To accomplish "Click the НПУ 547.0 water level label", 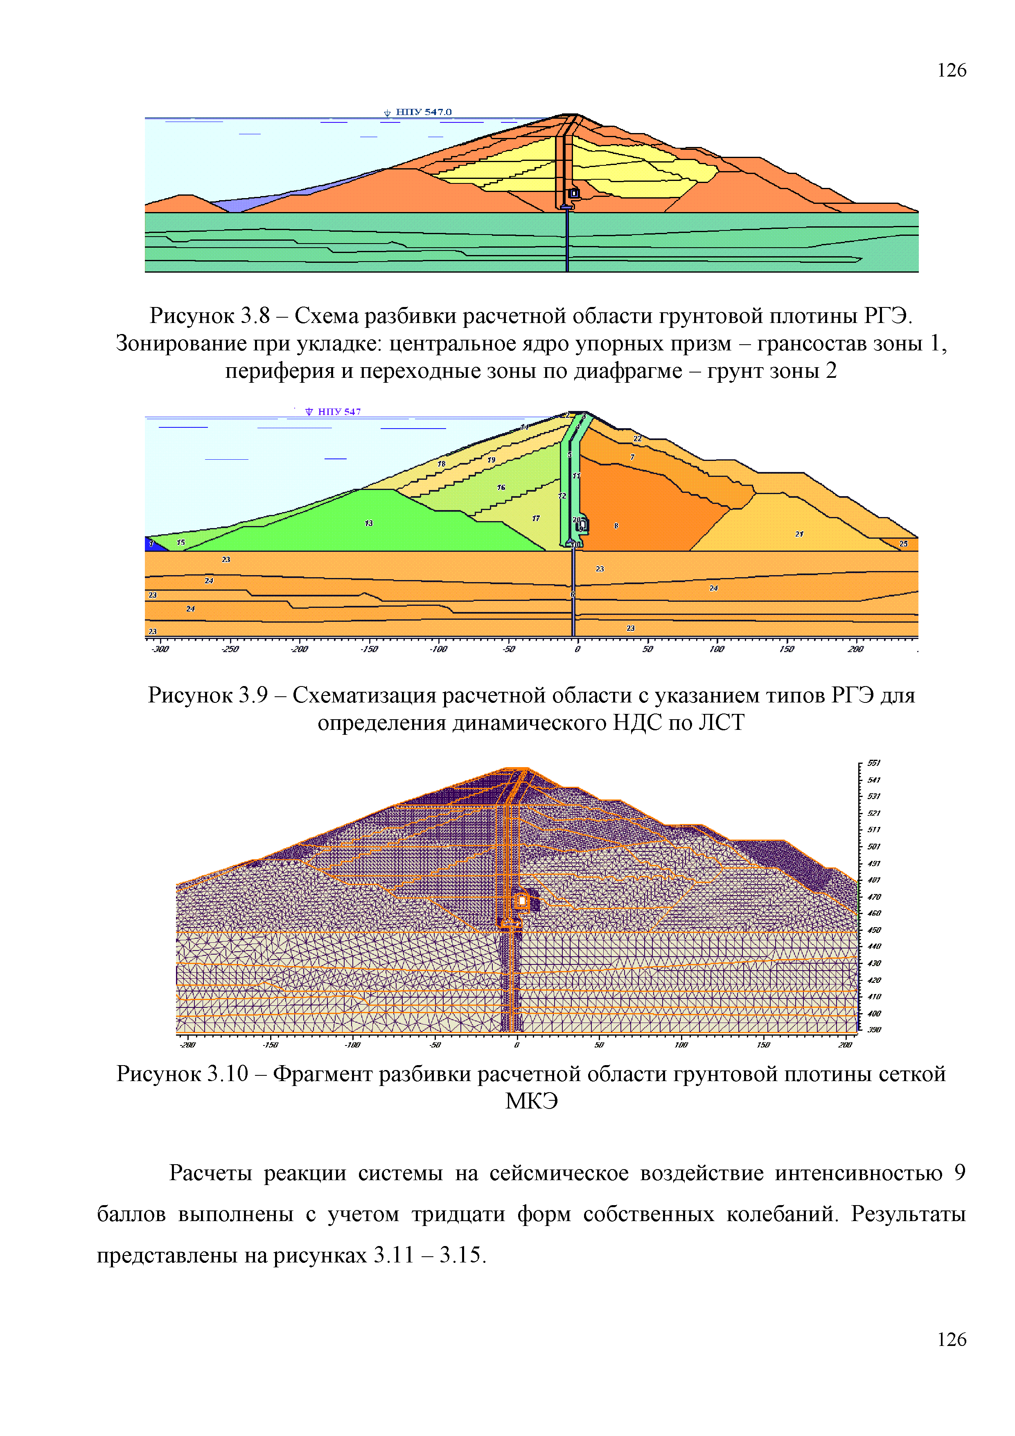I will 423,112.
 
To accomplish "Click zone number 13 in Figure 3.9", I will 369,523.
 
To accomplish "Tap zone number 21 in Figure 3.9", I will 799,533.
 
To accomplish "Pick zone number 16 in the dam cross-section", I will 501,487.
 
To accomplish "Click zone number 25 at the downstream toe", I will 903,544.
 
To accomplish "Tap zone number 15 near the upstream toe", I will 181,542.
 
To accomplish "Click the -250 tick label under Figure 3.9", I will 230,649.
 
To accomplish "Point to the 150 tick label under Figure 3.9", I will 786,649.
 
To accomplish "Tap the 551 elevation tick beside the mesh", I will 874,763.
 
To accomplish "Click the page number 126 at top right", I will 951,70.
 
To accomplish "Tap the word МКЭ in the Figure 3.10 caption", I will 531,1102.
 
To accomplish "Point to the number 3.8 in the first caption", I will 255,316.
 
